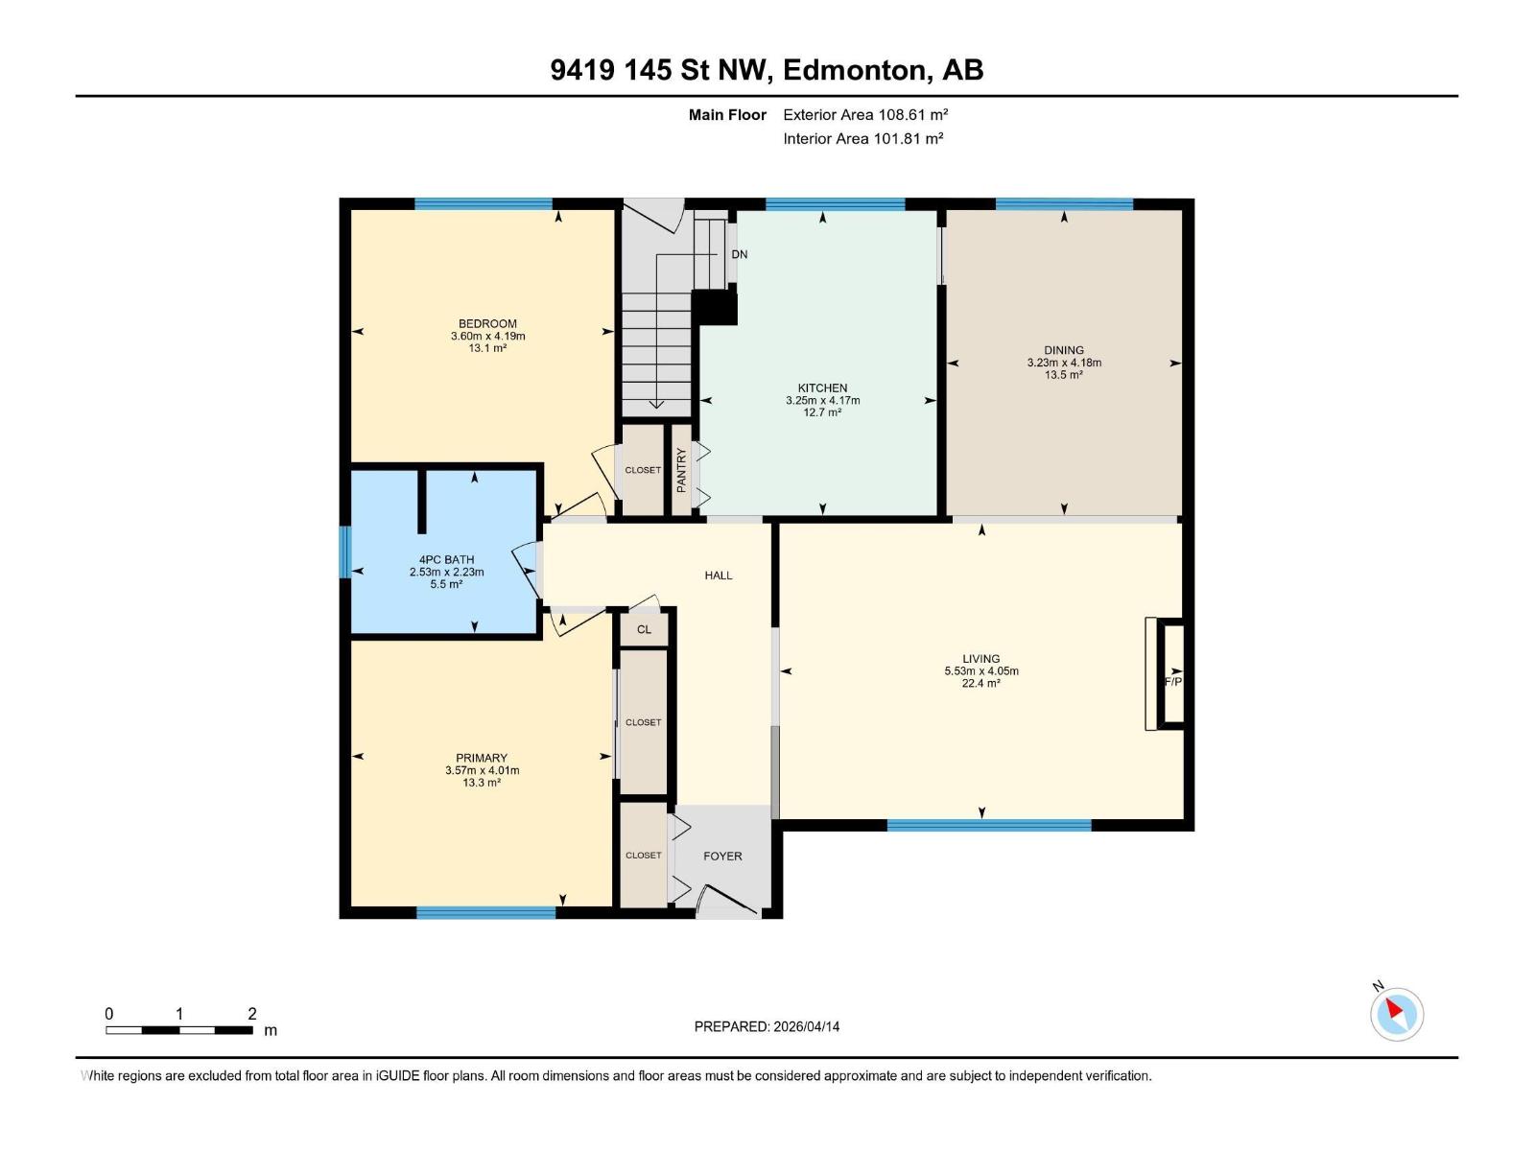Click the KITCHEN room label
click(x=822, y=388)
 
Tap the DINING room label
click(x=1064, y=350)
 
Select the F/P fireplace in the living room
click(x=1172, y=681)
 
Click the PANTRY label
click(x=681, y=471)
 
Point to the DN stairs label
click(x=739, y=254)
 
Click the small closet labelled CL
click(x=644, y=629)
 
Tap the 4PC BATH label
click(x=446, y=559)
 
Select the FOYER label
click(x=722, y=856)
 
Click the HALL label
click(x=719, y=575)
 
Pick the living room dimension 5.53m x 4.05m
click(x=981, y=671)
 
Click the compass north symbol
click(x=1396, y=1013)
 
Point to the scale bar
click(x=178, y=1030)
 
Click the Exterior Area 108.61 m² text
click(x=865, y=114)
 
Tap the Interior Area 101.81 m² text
click(x=862, y=138)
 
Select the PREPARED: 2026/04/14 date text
click(x=767, y=1026)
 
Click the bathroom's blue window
click(x=345, y=552)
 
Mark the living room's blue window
click(x=989, y=825)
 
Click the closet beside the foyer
click(x=643, y=855)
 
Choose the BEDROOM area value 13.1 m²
click(x=487, y=348)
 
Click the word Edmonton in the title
click(x=855, y=70)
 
